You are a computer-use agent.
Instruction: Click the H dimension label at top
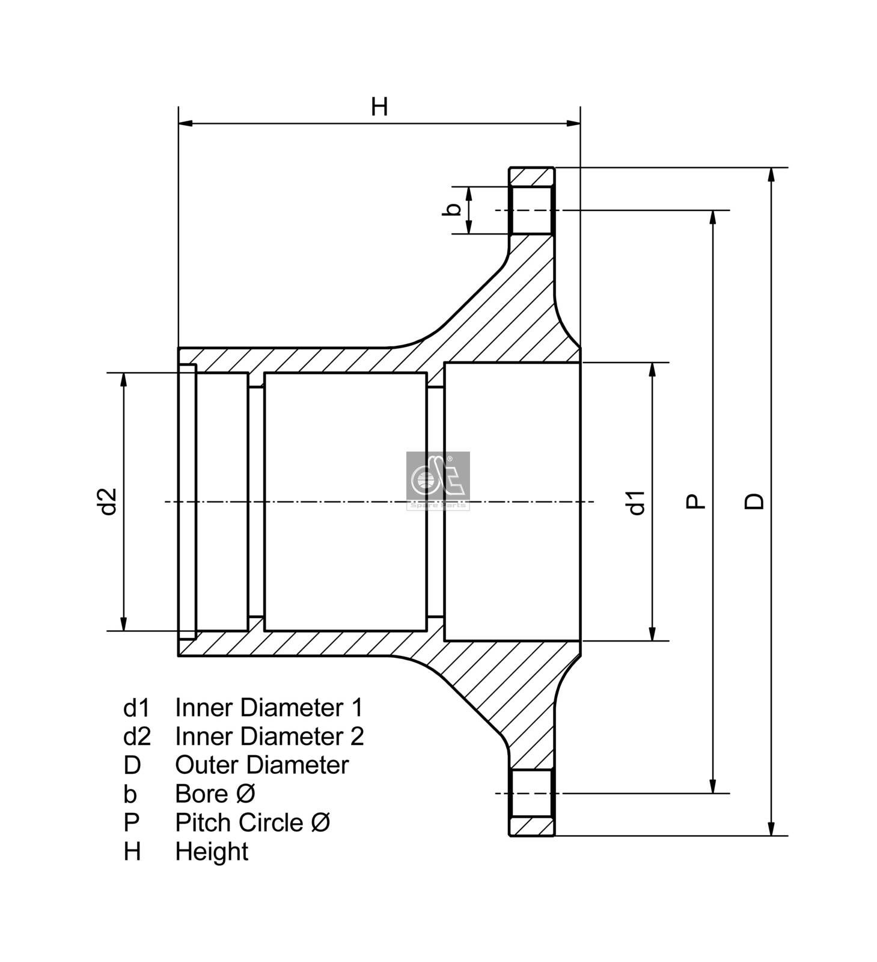click(379, 107)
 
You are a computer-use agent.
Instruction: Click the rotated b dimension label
click(455, 209)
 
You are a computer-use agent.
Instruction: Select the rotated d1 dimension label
click(636, 502)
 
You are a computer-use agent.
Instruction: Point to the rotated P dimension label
click(695, 501)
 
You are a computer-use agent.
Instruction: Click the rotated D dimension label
click(754, 501)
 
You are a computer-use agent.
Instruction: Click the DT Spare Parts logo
click(438, 480)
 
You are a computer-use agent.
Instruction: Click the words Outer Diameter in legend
click(261, 765)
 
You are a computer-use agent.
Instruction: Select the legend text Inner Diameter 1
click(269, 708)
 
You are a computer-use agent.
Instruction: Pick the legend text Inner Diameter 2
click(269, 737)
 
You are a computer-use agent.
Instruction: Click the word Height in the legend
click(212, 852)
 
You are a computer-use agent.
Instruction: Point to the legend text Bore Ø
click(215, 794)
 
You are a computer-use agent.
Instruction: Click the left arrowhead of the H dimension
click(185, 124)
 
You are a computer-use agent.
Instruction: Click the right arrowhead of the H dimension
click(574, 124)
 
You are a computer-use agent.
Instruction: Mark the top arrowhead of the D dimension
click(772, 174)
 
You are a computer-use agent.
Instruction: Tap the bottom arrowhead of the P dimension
click(713, 786)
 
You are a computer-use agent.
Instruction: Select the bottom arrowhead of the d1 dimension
click(653, 634)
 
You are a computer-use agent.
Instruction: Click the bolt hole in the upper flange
click(530, 210)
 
